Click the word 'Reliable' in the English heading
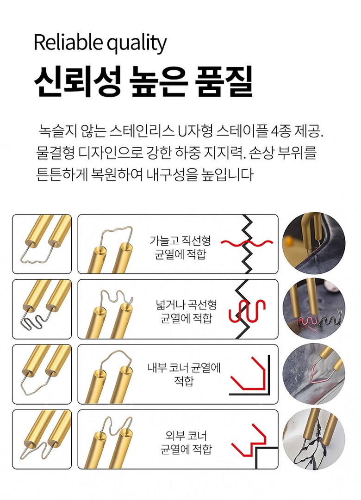(x=68, y=42)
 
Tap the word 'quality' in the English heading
(x=137, y=44)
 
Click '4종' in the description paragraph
(x=280, y=131)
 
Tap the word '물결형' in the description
(x=55, y=153)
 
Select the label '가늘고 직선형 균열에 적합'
(x=180, y=247)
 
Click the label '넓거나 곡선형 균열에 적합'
(x=186, y=311)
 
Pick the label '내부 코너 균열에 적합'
(x=184, y=374)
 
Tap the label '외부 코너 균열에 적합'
(x=186, y=442)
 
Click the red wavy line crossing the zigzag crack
(x=247, y=243)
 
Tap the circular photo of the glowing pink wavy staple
(x=314, y=309)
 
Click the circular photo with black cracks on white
(x=314, y=439)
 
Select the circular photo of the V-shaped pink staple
(x=314, y=374)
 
